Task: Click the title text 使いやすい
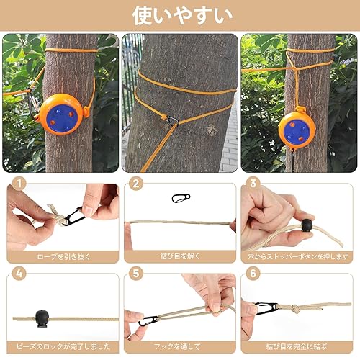(180, 14)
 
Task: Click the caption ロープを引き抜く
(63, 256)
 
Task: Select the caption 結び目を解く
(179, 256)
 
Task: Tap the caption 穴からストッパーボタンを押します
(297, 256)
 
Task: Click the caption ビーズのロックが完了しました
(63, 346)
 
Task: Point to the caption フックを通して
(179, 346)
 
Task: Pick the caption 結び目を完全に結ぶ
(297, 346)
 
